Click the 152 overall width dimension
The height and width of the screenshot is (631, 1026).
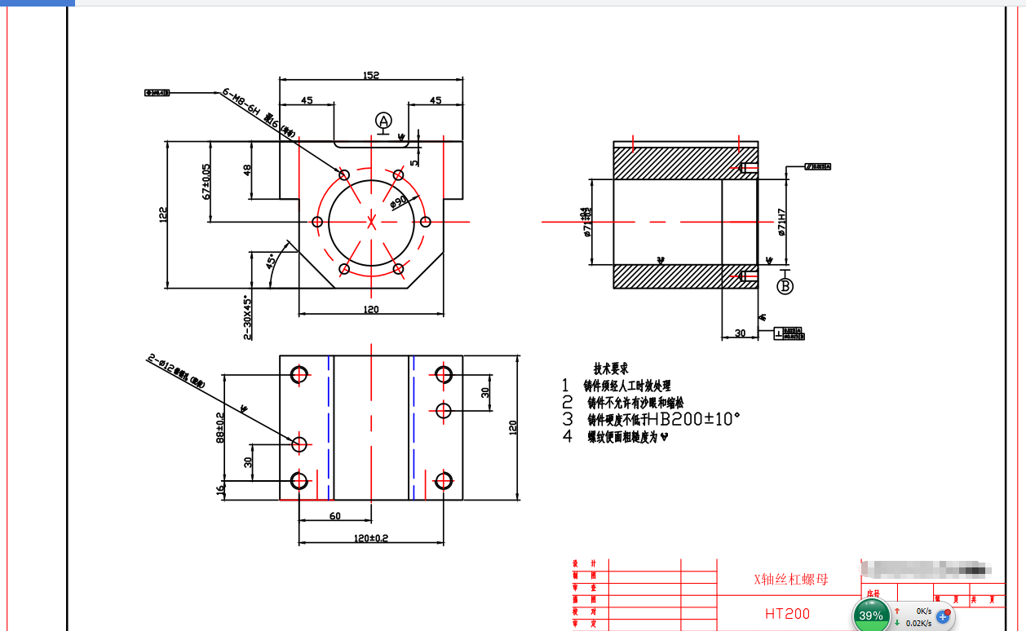(x=370, y=75)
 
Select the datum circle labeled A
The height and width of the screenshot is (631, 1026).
(x=383, y=121)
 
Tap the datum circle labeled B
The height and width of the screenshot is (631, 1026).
(x=785, y=286)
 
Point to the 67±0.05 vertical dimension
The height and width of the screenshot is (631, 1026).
(x=206, y=181)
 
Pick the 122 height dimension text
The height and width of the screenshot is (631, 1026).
(x=163, y=214)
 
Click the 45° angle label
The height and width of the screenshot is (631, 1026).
(x=271, y=262)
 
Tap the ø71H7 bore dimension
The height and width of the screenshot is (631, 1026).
(x=781, y=221)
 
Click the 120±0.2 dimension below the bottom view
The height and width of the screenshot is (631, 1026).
(x=371, y=538)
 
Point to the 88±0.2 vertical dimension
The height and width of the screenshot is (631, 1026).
(x=220, y=426)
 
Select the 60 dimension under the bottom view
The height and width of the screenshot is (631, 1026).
(x=334, y=516)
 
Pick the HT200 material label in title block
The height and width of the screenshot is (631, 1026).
(x=787, y=613)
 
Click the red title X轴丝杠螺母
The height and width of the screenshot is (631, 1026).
(x=790, y=580)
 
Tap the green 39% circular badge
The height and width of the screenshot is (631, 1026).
(x=871, y=616)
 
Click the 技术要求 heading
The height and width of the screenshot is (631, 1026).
(x=611, y=369)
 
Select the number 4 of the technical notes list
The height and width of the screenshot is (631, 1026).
(x=568, y=437)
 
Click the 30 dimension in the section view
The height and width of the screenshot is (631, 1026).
(x=740, y=333)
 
